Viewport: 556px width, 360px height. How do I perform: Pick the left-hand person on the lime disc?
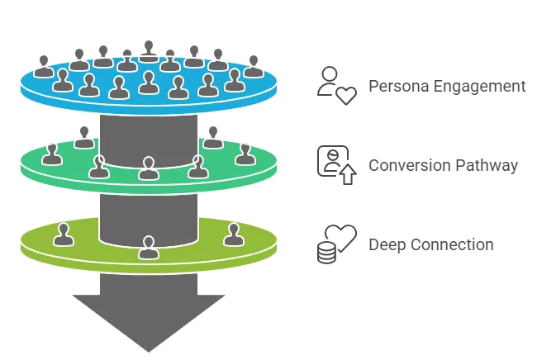[x=64, y=234]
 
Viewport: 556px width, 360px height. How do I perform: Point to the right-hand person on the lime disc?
[x=233, y=234]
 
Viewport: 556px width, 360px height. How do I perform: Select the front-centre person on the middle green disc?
[x=149, y=168]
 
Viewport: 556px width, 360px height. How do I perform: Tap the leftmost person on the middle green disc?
[x=52, y=154]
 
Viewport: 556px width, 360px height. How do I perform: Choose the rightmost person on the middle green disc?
[x=245, y=154]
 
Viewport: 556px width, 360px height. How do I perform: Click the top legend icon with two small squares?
[x=336, y=85]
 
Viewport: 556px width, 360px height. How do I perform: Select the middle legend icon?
[x=336, y=163]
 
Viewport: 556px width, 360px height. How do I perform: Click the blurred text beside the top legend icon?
[x=444, y=85]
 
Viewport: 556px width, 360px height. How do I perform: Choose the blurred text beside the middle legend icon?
[x=442, y=164]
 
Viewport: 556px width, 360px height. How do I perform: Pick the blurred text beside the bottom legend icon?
[x=429, y=244]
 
